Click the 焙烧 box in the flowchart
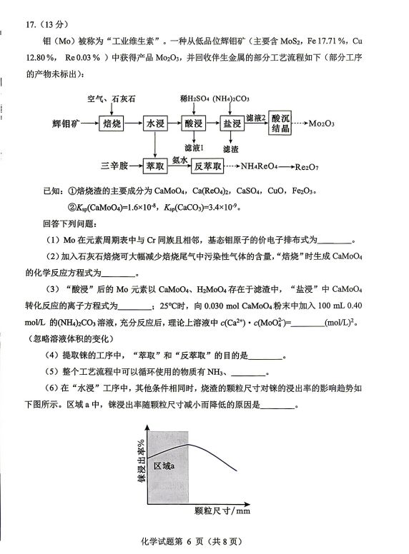coord(113,124)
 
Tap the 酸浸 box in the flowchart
coord(194,124)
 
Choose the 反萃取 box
coord(207,166)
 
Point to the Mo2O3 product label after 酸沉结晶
coord(322,124)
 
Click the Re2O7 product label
coord(312,167)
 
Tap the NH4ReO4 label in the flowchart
coord(260,167)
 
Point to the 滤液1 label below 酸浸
coord(194,148)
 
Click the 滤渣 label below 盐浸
coord(231,149)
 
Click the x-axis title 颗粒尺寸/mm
coord(222,511)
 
